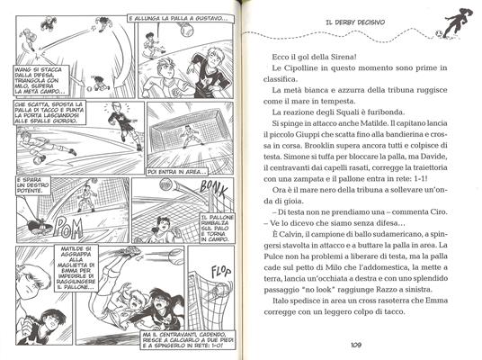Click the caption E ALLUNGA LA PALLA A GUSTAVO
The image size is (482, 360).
tap(171, 18)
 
